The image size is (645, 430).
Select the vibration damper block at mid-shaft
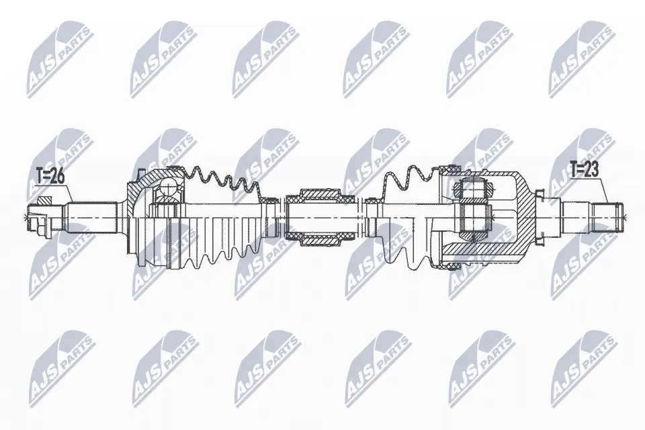[320, 216]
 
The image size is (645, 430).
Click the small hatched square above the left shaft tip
[46, 200]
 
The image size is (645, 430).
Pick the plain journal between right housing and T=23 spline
[575, 216]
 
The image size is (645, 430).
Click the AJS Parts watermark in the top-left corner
[57, 60]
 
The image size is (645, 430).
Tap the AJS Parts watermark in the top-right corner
[581, 60]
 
